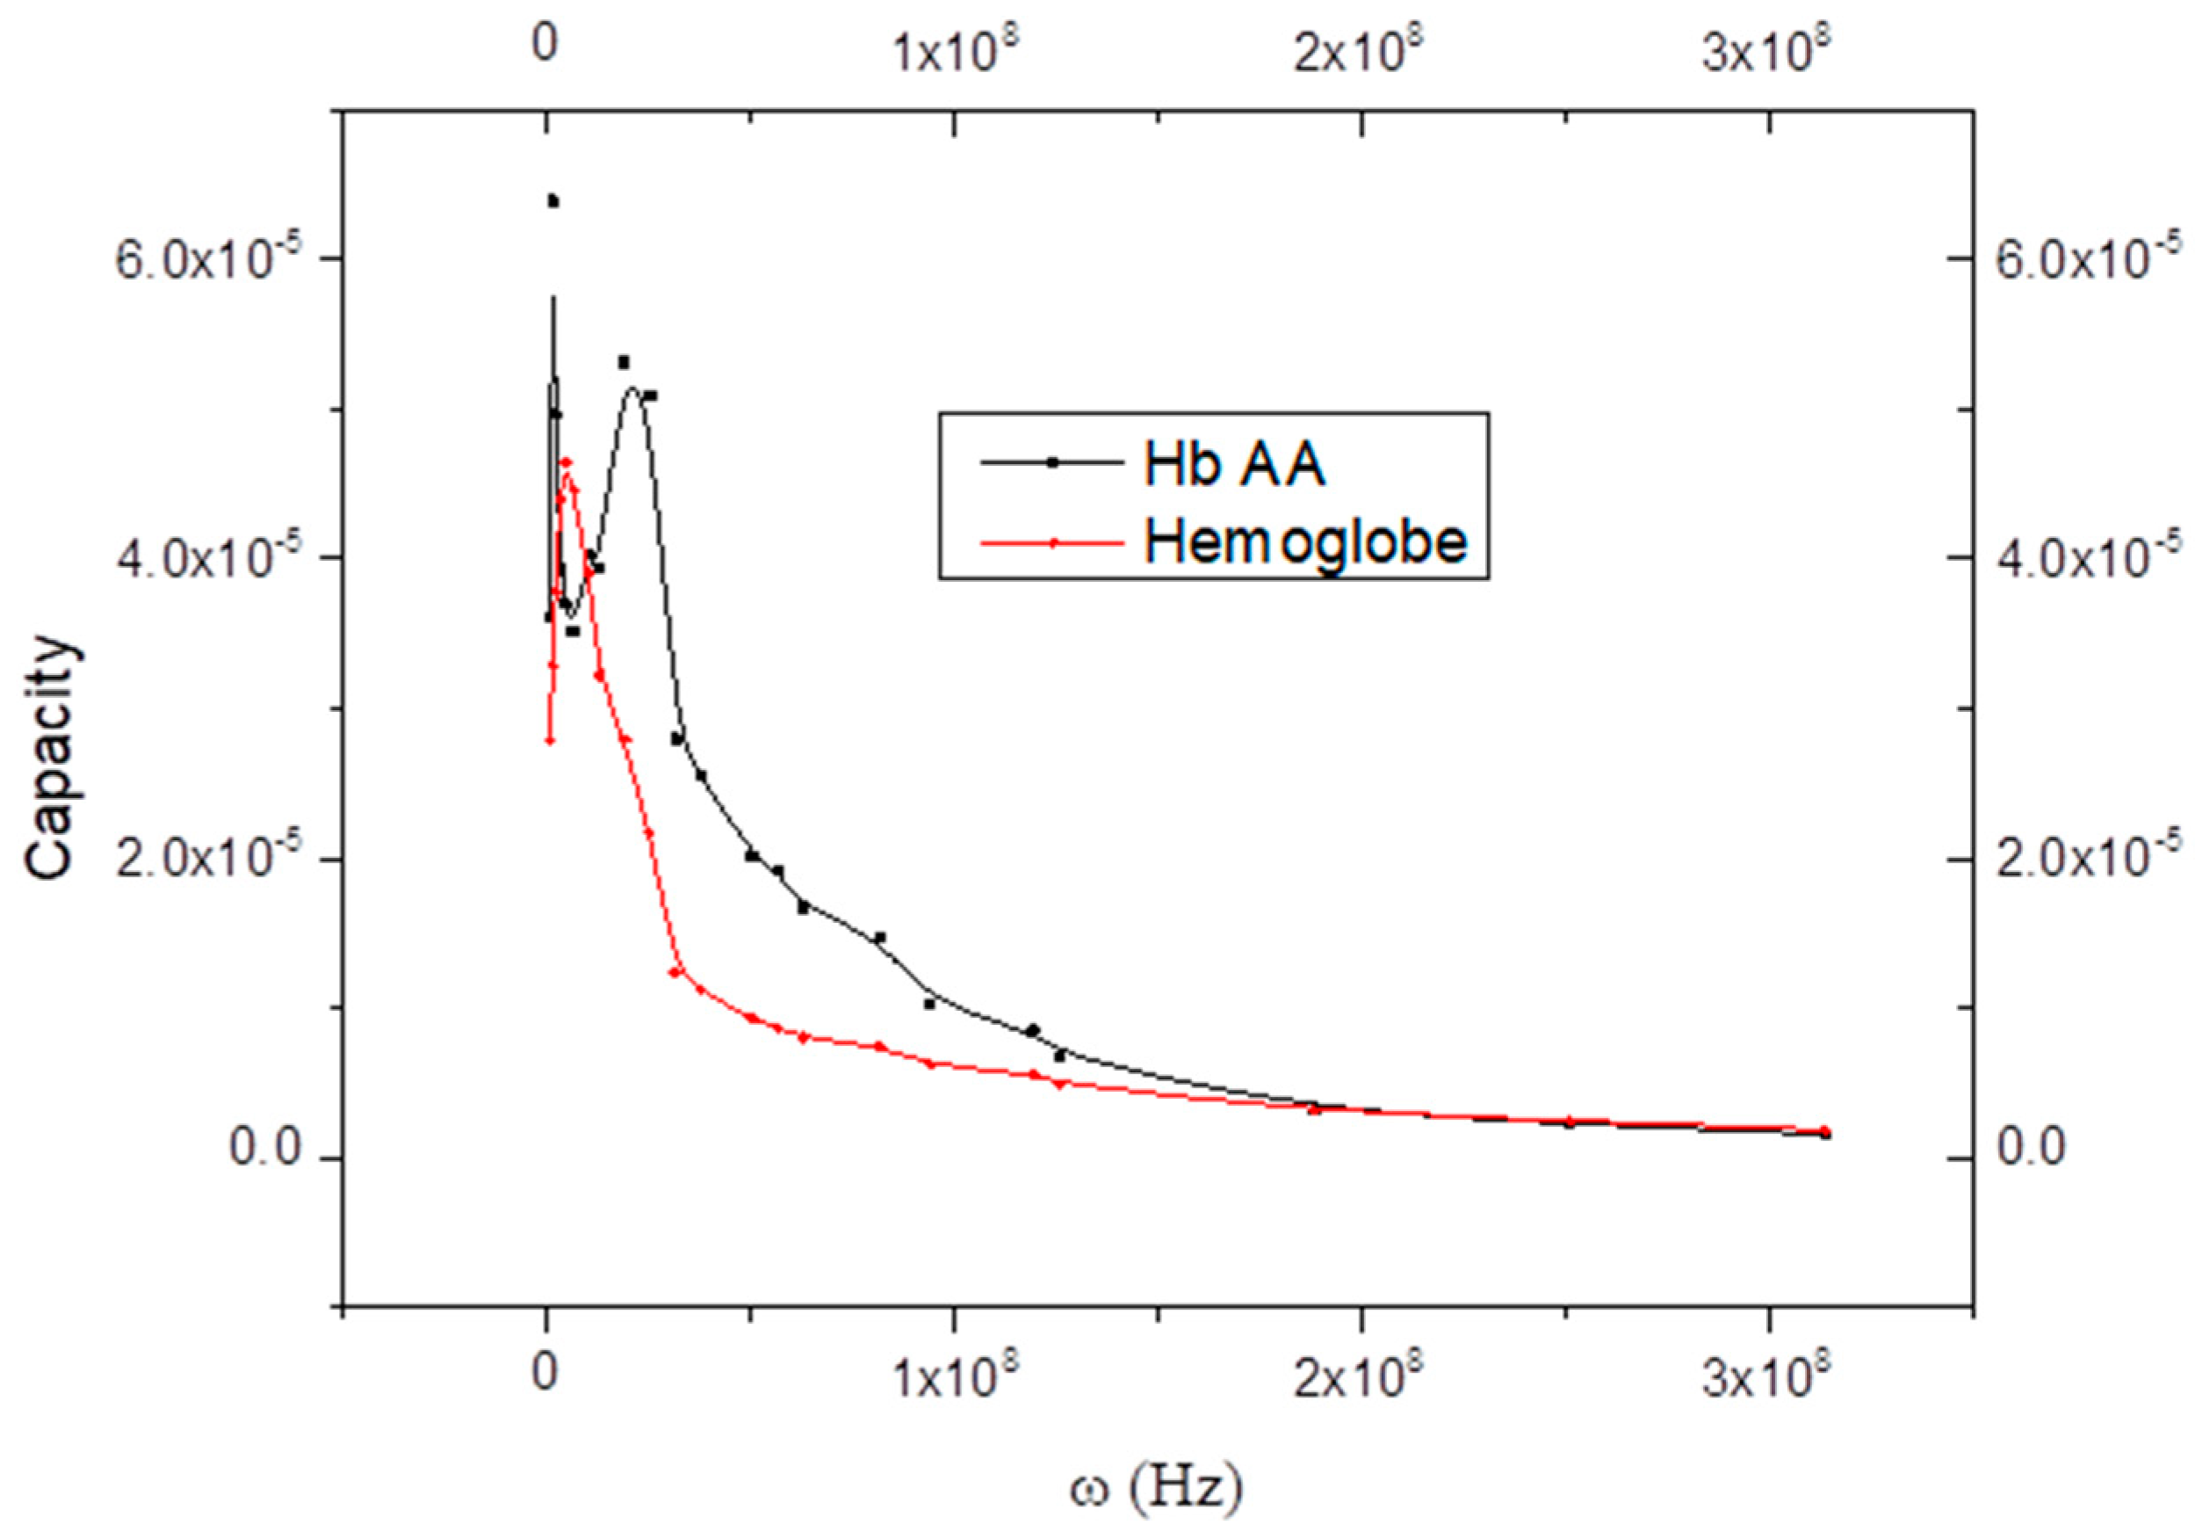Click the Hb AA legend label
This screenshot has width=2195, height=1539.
tap(1234, 466)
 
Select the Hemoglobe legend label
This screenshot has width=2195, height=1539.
tap(1306, 542)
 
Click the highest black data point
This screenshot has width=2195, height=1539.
tap(552, 201)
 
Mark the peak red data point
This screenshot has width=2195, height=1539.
tap(565, 463)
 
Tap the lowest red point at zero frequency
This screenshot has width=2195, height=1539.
tap(550, 739)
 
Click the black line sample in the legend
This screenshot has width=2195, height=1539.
tap(1051, 463)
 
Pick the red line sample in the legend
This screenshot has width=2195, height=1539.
tap(1051, 543)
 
